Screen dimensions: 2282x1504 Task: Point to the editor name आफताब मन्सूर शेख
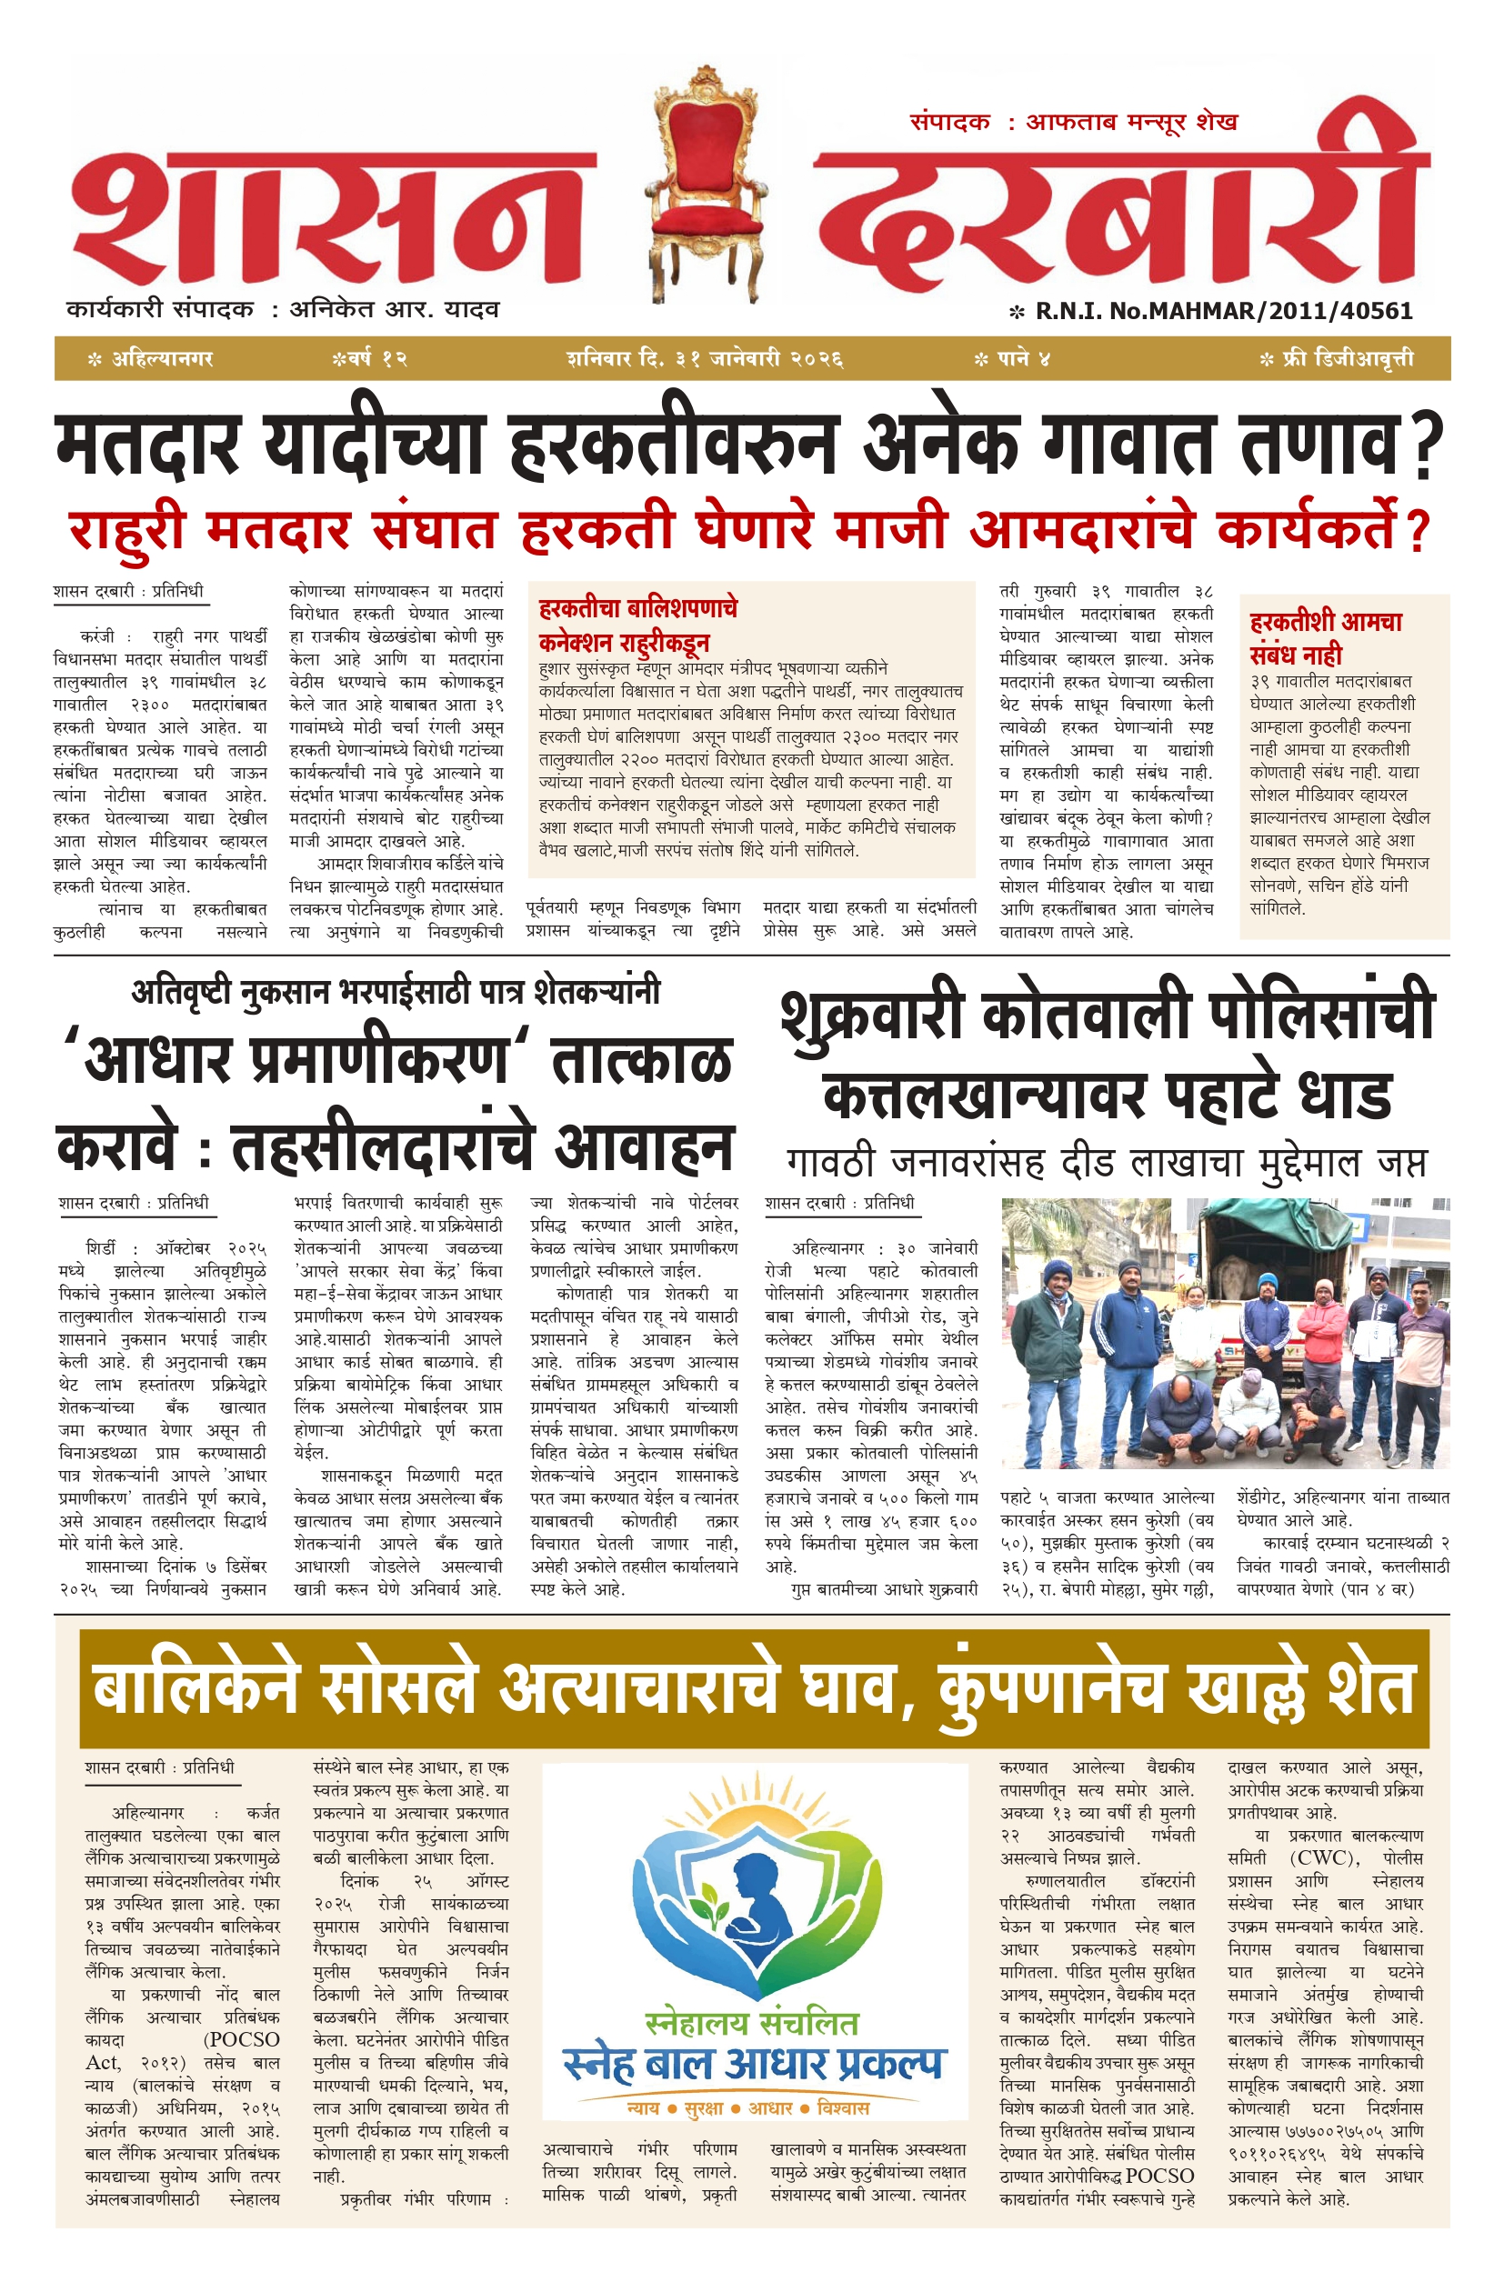(1132, 122)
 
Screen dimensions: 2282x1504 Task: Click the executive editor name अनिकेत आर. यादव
(395, 310)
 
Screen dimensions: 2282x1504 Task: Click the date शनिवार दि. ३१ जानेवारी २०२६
(705, 358)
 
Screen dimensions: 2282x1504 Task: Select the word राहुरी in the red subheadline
(126, 530)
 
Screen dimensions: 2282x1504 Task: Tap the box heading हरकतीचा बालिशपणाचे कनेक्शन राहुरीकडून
(637, 625)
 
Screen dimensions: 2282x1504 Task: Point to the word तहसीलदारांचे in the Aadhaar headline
(382, 1147)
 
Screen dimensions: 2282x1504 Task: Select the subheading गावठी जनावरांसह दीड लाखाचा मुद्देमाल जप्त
(1107, 1163)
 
